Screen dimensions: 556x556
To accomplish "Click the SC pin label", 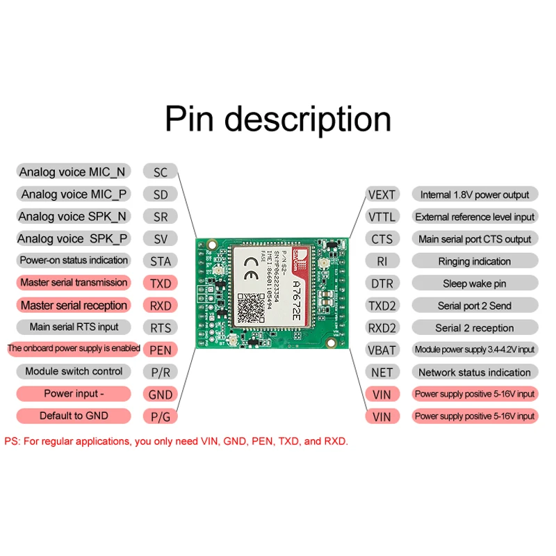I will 161,172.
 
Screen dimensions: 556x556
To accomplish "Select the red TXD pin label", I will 161,284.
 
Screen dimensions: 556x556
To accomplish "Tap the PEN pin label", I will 161,350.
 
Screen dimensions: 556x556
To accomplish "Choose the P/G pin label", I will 161,416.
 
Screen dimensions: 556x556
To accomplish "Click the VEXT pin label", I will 382,195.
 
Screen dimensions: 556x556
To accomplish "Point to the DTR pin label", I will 382,283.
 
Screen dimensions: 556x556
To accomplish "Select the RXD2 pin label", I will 382,327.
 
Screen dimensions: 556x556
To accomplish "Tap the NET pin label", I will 382,372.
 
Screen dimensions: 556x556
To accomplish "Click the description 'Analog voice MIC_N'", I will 73,172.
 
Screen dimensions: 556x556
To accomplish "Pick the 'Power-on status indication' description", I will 74,261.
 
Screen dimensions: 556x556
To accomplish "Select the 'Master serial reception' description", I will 74,305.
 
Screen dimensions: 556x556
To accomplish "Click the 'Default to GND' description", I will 74,416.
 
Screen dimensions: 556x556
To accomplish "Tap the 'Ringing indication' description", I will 475,261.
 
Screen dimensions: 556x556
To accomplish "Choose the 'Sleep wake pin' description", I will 475,283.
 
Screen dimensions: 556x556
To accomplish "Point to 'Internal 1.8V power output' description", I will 475,195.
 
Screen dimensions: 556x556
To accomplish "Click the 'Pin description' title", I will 278,118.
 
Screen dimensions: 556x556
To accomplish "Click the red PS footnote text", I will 176,441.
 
